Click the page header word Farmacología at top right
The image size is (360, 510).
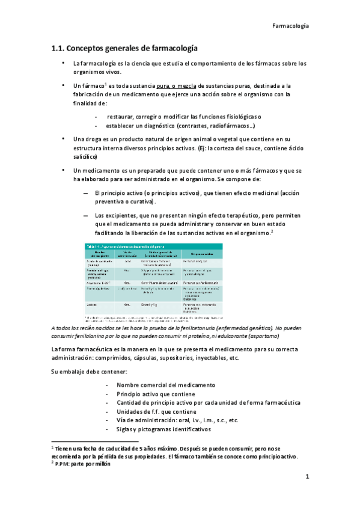[x=290, y=26]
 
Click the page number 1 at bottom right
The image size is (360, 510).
[x=307, y=478]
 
